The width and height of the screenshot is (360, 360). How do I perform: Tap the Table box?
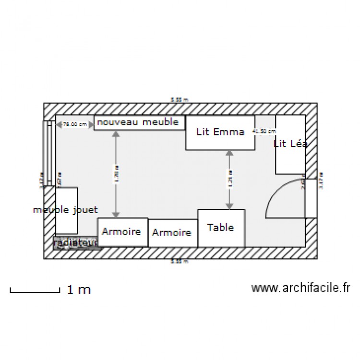[221, 228]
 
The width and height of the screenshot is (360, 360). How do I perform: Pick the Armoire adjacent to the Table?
[172, 233]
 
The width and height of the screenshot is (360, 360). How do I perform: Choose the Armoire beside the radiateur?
[122, 232]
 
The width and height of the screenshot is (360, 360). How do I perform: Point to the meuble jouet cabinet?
[67, 210]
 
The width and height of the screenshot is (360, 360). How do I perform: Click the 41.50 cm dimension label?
[265, 131]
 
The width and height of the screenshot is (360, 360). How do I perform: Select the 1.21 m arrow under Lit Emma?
[229, 180]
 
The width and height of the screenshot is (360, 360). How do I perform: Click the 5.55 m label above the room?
[180, 100]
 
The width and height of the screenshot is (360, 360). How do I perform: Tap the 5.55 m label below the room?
[180, 262]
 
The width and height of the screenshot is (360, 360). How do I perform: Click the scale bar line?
[35, 291]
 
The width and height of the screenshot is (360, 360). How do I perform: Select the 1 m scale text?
[79, 289]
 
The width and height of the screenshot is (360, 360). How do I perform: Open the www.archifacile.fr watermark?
[300, 288]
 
